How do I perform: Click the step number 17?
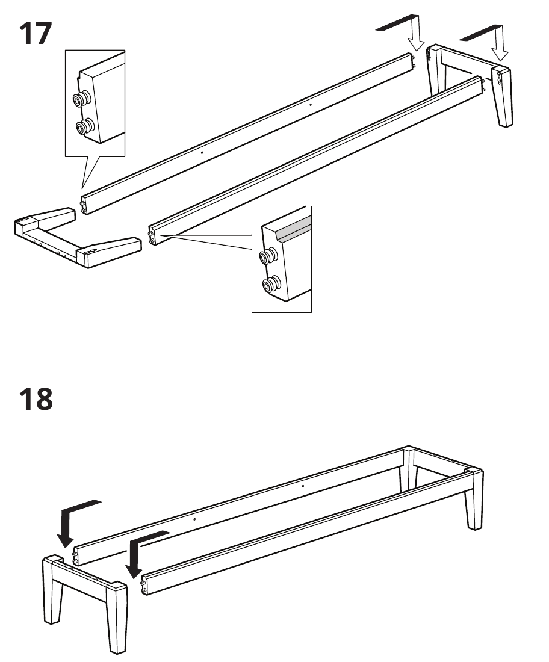[36, 33]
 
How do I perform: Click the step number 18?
[36, 399]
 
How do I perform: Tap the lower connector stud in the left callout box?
[85, 126]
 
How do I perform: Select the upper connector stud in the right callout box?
[268, 256]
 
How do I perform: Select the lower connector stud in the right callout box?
[271, 285]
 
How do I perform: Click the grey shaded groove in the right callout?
[294, 229]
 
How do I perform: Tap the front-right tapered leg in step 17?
[503, 96]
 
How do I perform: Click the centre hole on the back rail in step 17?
[311, 105]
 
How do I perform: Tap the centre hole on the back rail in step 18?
[303, 486]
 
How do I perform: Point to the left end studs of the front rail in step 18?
[144, 586]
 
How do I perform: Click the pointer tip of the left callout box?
[82, 188]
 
